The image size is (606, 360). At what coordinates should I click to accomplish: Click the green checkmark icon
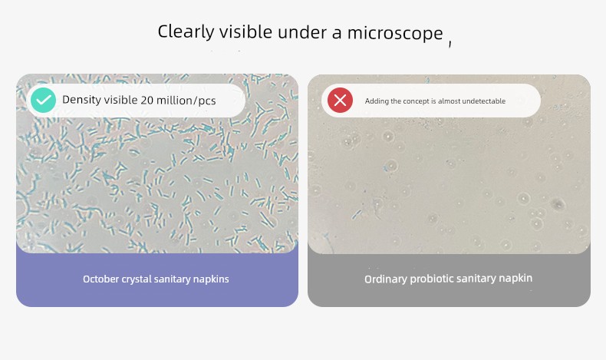43,100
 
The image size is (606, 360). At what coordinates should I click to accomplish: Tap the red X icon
340,100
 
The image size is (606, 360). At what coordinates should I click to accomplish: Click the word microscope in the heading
395,33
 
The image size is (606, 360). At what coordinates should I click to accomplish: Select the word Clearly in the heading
186,31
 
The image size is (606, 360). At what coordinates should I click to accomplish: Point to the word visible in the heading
245,31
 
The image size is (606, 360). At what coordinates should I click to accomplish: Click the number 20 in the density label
147,101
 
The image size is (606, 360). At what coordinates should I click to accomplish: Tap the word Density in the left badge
81,100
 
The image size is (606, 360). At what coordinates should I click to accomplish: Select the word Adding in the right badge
377,101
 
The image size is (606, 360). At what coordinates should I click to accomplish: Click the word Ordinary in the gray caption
385,279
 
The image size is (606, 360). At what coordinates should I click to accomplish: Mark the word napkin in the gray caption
515,278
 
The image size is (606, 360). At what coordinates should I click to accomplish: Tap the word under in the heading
302,32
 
